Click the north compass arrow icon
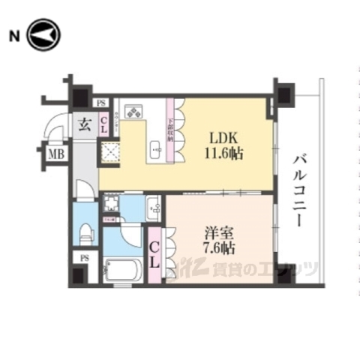[x=43, y=35]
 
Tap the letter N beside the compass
[x=13, y=35]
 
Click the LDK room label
[x=223, y=138]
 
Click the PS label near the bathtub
[x=83, y=259]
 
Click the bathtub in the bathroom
[x=123, y=269]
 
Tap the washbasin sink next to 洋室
[x=153, y=207]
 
